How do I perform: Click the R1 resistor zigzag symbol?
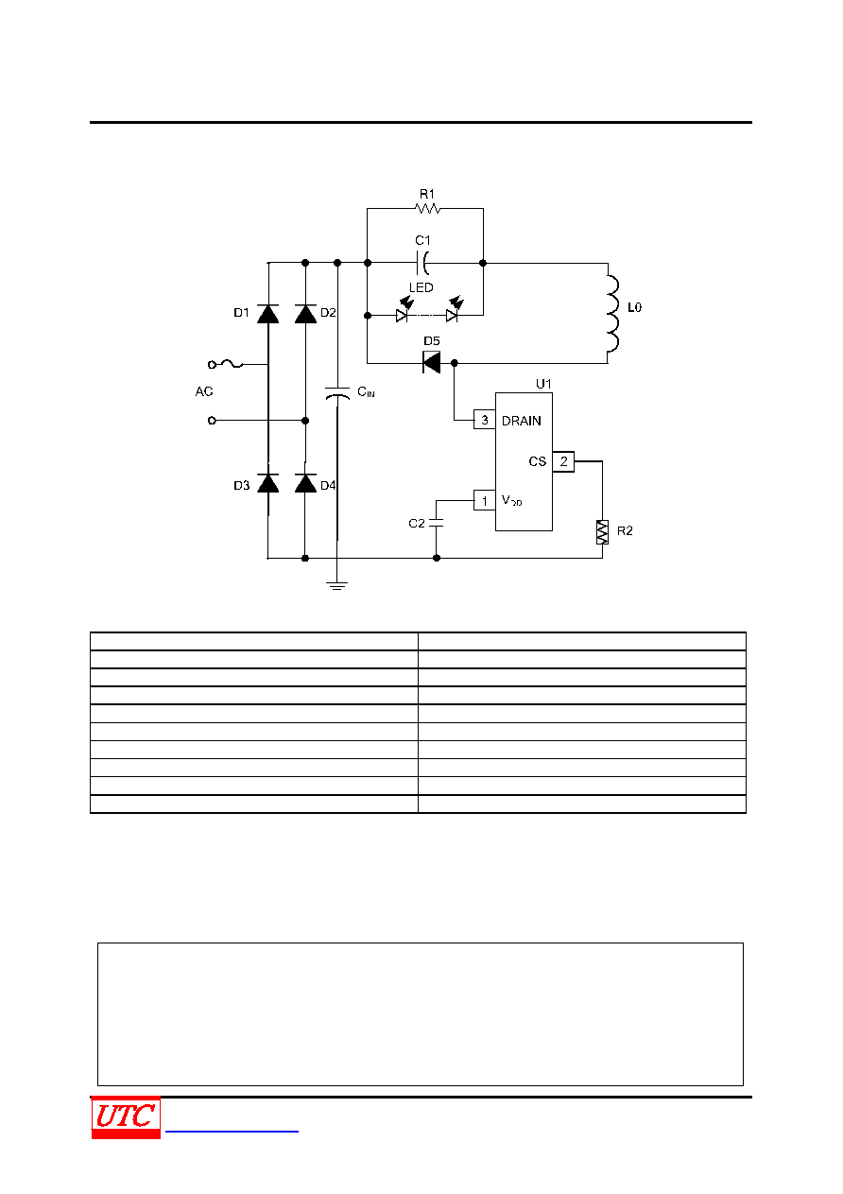pos(427,208)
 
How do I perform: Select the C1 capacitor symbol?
pos(422,263)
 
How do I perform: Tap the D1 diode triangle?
pos(268,314)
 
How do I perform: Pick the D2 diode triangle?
pos(305,314)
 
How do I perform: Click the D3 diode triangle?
pos(268,483)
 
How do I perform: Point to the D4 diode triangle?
pos(305,483)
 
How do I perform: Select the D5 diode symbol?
pos(432,362)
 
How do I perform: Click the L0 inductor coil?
pos(612,314)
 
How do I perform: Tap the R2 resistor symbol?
pos(602,532)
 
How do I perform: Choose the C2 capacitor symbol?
pos(436,523)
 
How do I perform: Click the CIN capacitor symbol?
pos(337,393)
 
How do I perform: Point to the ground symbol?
pos(336,586)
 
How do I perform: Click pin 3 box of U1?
pos(485,420)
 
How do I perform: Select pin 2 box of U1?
pos(563,461)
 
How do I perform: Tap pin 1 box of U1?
pos(485,500)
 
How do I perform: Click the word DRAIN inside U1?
pos(521,421)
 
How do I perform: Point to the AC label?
pos(204,391)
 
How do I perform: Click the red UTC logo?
pos(126,1116)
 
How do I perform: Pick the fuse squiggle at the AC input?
pos(232,364)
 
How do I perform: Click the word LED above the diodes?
pos(421,287)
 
